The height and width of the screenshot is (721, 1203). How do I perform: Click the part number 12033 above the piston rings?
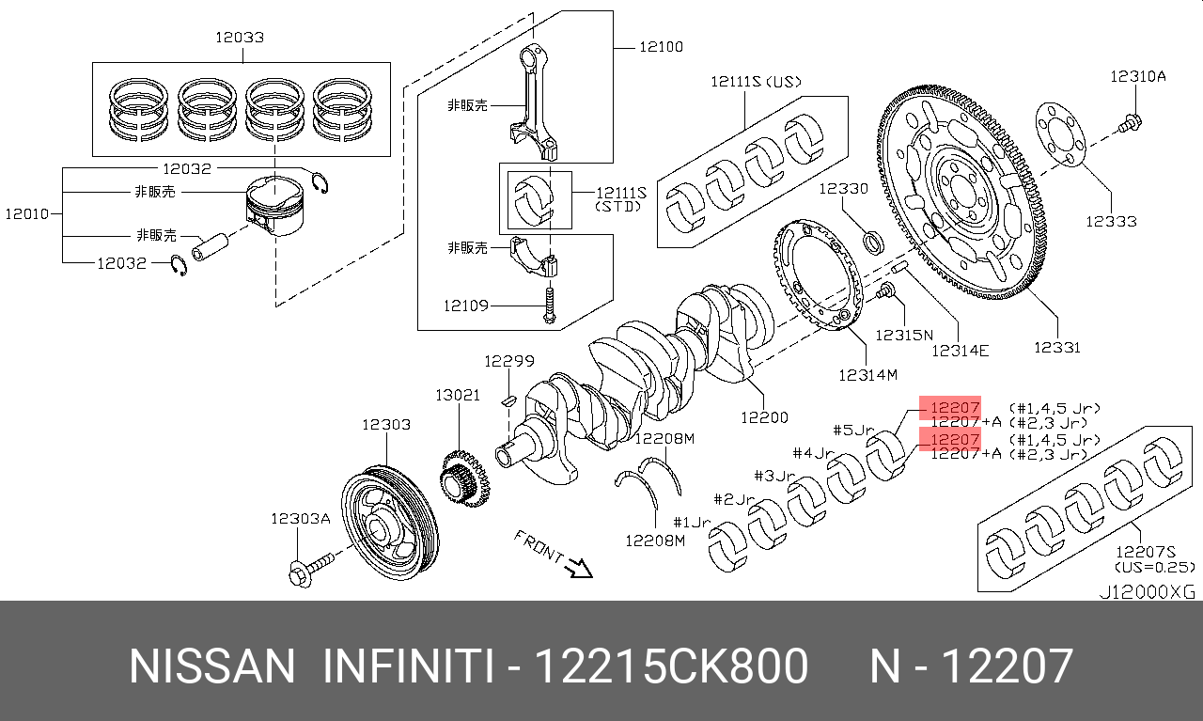[x=239, y=38]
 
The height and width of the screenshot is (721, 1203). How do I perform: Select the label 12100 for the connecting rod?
[x=662, y=46]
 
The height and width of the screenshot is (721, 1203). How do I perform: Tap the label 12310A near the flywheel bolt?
[x=1137, y=77]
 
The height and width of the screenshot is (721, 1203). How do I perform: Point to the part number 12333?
[x=1111, y=221]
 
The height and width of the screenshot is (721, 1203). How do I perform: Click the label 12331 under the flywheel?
[x=1056, y=347]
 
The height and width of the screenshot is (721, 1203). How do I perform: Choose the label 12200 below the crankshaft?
[x=764, y=416]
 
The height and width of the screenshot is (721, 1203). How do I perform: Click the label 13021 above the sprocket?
[x=458, y=395]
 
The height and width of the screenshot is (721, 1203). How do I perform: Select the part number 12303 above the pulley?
[x=386, y=425]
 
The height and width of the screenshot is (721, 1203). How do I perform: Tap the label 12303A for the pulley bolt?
[x=301, y=518]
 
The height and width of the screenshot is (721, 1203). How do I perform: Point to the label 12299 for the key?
[x=509, y=361]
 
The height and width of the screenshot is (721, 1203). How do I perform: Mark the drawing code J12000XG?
[x=1148, y=592]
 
